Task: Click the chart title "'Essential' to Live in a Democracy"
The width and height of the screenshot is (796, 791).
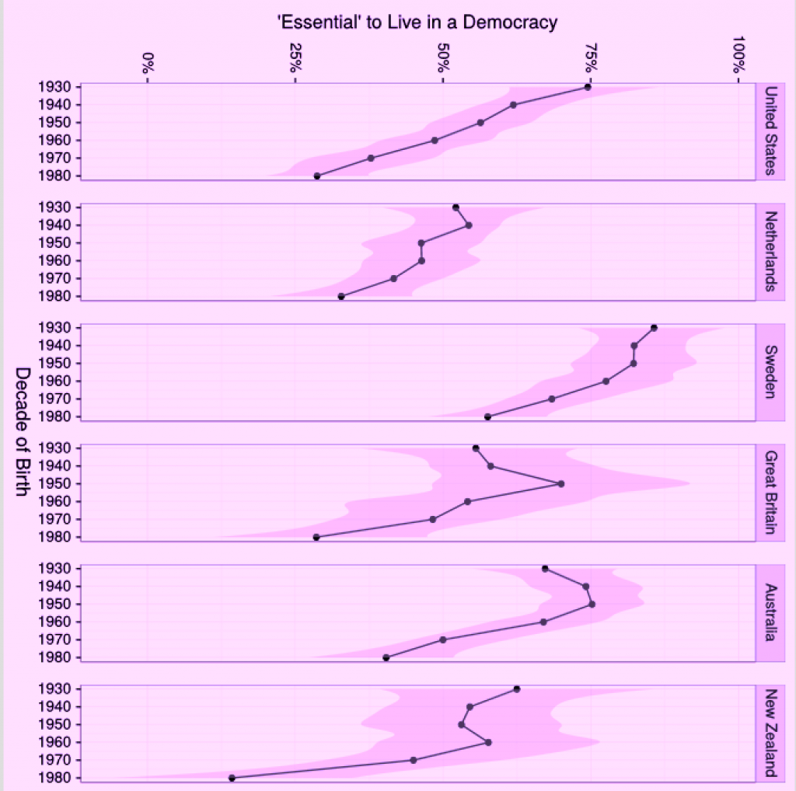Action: (x=417, y=22)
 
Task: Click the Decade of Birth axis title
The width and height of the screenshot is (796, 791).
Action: (x=23, y=434)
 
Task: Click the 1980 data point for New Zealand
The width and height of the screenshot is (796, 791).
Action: (x=232, y=778)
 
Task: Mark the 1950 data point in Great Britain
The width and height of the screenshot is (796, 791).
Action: (x=561, y=483)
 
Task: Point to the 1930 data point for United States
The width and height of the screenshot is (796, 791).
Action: (x=588, y=87)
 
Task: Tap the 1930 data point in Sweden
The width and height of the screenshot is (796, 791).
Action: (x=654, y=327)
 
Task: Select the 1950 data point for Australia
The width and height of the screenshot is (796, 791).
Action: (x=592, y=604)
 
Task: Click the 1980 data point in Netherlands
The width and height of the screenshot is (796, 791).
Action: (x=341, y=296)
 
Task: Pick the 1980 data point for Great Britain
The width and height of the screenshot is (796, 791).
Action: (x=316, y=537)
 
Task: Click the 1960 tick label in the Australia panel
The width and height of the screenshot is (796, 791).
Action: (x=59, y=622)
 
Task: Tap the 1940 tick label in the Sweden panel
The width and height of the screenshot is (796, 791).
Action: (x=59, y=345)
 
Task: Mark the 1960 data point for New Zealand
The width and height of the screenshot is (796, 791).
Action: (x=488, y=742)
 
